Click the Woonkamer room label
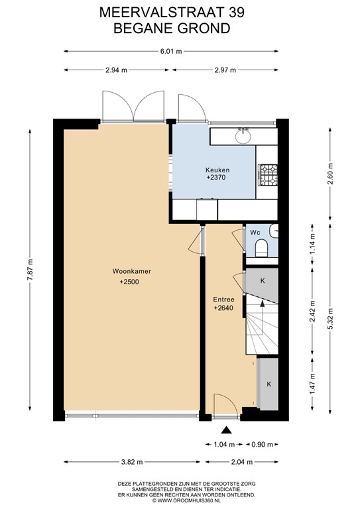[x=129, y=270]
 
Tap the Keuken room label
[x=217, y=170]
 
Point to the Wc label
[x=255, y=232]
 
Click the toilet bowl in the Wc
[x=261, y=248]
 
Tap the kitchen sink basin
[x=243, y=137]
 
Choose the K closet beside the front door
[x=269, y=384]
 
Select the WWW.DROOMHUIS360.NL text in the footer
[x=179, y=502]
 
